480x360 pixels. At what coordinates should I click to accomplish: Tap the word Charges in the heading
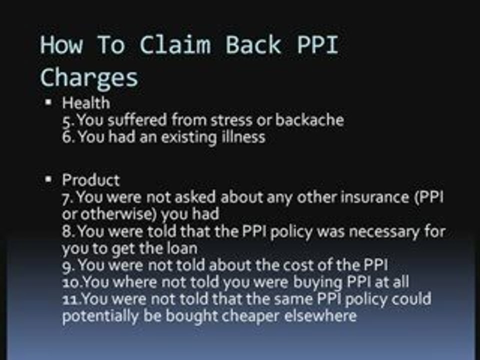(x=88, y=78)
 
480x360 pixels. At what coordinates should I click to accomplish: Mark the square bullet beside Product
(x=48, y=178)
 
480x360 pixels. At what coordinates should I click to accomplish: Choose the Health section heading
(x=85, y=103)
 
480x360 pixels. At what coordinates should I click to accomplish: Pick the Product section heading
(x=90, y=180)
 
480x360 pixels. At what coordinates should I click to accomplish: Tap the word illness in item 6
(x=243, y=137)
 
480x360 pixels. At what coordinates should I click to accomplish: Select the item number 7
(x=67, y=197)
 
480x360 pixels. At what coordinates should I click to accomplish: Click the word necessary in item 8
(x=380, y=232)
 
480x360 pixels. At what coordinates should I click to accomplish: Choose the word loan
(x=181, y=248)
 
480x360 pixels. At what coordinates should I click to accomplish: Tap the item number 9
(x=68, y=265)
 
